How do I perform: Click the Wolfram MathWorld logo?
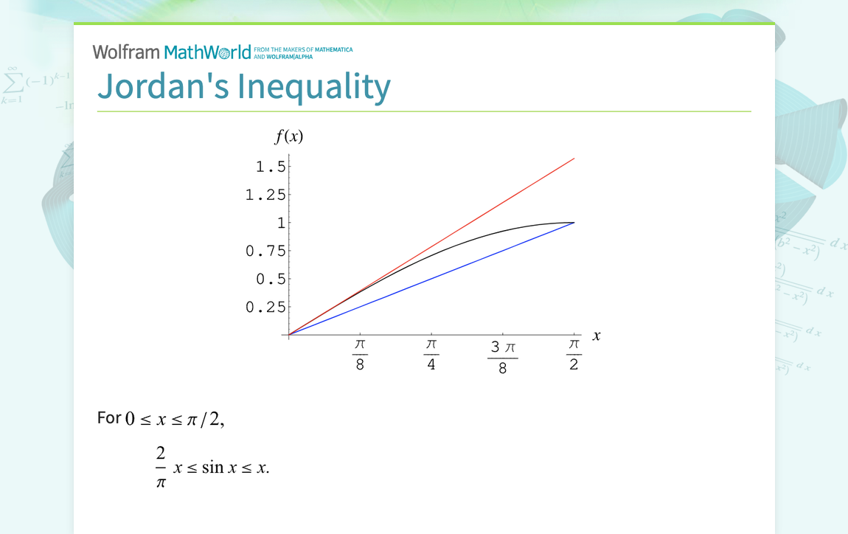point(172,52)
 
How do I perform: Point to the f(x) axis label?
point(289,136)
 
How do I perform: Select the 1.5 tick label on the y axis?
point(270,167)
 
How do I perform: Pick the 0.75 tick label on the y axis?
point(265,251)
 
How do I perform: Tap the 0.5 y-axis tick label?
point(270,279)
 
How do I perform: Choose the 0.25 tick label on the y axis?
point(265,307)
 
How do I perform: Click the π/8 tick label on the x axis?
point(360,354)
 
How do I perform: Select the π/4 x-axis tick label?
point(431,354)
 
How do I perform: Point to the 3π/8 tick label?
point(502,357)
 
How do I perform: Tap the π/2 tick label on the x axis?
point(574,354)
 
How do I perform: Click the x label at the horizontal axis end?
point(597,336)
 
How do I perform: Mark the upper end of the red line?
point(573,159)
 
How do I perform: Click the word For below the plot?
point(109,417)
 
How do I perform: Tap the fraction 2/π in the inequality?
point(161,467)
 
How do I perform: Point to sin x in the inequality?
point(212,468)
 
